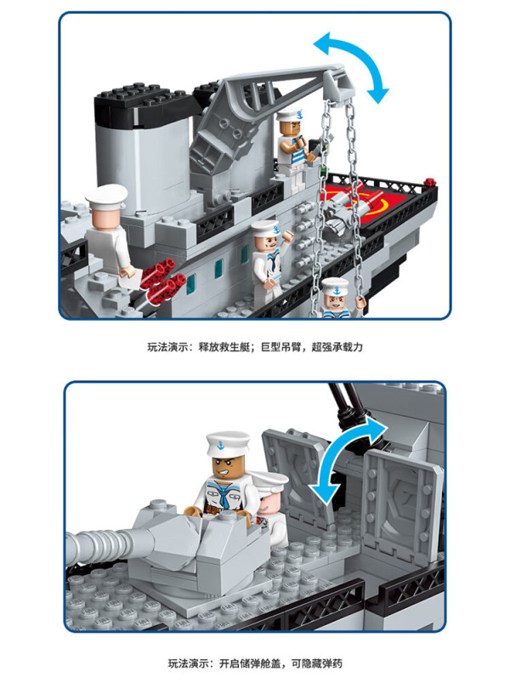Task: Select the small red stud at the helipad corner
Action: click(429, 182)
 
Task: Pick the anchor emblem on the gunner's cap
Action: click(221, 446)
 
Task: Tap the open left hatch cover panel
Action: click(295, 475)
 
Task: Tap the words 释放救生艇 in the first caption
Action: click(225, 347)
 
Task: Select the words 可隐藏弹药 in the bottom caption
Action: click(317, 663)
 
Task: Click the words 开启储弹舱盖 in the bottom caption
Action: click(250, 663)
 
